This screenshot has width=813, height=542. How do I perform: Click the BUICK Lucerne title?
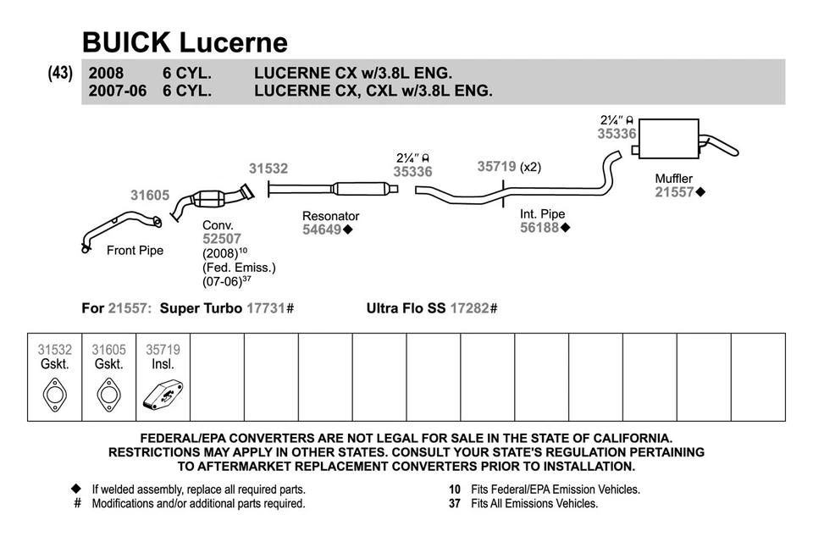click(185, 41)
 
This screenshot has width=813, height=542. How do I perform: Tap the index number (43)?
click(60, 74)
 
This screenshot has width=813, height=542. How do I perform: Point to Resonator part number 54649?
click(323, 230)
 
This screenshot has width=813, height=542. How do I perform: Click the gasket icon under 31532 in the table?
click(55, 395)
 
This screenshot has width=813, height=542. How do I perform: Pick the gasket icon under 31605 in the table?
click(108, 395)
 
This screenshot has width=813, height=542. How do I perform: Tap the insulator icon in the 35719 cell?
click(163, 395)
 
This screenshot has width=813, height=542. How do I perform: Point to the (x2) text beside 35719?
click(530, 167)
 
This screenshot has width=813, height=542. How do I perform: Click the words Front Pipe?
click(135, 251)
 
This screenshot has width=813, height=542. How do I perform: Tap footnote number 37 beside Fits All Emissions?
click(455, 503)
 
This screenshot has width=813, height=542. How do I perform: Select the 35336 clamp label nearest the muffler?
click(616, 133)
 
